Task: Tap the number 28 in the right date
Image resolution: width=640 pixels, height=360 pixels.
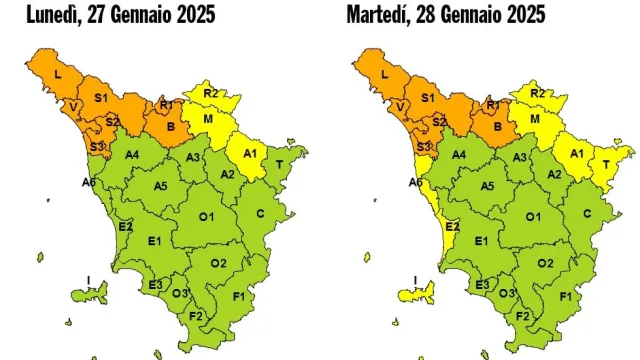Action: click(x=437, y=15)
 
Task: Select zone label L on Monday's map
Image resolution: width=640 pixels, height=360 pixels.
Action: click(x=57, y=75)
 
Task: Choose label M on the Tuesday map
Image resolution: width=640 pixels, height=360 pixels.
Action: click(x=534, y=118)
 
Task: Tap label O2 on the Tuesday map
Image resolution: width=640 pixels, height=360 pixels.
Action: click(x=546, y=263)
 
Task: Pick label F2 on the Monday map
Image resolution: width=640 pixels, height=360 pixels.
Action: click(x=196, y=316)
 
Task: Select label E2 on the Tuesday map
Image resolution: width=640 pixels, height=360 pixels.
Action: click(x=452, y=228)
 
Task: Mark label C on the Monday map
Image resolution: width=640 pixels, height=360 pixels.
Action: click(x=260, y=213)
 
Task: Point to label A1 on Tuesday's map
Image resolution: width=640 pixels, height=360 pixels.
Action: click(x=576, y=152)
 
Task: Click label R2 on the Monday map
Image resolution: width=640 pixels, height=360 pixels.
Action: click(x=210, y=93)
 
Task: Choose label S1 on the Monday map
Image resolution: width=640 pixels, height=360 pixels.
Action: click(x=100, y=97)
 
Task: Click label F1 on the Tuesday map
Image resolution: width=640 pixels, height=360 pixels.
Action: click(x=565, y=296)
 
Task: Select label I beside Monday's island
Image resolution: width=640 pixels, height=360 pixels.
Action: click(x=89, y=279)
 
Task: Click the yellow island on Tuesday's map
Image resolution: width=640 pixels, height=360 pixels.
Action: click(x=425, y=292)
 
